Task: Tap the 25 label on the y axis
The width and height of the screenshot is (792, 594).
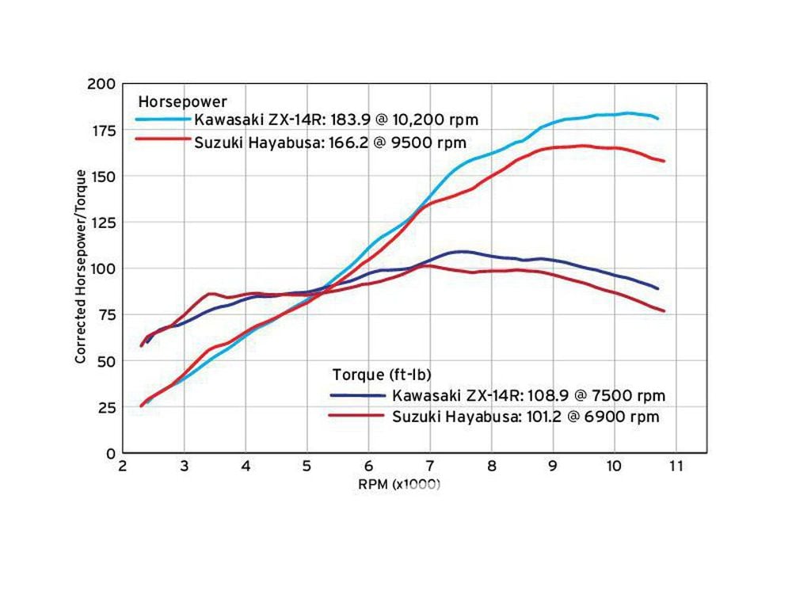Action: click(108, 407)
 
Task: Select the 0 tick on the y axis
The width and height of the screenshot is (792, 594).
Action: click(112, 454)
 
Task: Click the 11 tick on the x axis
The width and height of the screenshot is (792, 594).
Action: click(676, 467)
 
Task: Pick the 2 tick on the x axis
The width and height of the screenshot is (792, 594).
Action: click(122, 467)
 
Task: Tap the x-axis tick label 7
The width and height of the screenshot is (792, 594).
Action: click(430, 467)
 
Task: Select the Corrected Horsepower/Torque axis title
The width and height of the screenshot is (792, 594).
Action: click(81, 266)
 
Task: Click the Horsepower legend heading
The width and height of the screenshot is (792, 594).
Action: click(182, 101)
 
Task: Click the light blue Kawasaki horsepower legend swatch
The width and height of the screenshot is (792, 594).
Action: click(162, 120)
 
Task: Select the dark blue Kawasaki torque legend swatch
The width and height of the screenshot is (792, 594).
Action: click(358, 394)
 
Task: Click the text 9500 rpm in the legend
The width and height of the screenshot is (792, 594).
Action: click(432, 143)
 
